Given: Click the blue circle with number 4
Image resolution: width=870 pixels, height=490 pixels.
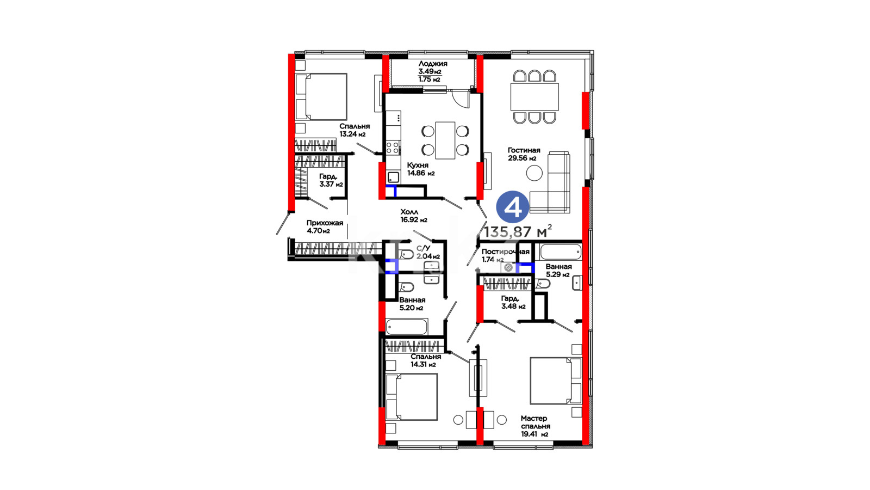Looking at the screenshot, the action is point(513,207).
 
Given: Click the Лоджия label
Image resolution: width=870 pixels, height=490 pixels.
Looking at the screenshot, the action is point(433,63).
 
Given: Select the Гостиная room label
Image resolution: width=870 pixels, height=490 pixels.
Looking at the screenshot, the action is point(524,150).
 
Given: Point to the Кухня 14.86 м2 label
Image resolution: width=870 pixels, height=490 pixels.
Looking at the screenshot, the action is point(421,169).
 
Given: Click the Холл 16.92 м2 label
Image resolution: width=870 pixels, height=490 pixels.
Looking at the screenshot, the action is point(414,216).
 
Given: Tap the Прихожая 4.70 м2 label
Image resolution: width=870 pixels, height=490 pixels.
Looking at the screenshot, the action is point(325,226).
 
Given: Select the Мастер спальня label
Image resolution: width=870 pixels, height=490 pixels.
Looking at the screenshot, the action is point(535,422).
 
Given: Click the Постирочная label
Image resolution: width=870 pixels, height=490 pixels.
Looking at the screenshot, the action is point(505,252).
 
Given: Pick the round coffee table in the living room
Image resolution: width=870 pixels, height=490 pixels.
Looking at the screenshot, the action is point(535,173).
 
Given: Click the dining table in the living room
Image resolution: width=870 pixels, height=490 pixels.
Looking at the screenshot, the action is point(535,96).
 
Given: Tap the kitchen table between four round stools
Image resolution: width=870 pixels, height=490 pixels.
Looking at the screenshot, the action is point(445,140).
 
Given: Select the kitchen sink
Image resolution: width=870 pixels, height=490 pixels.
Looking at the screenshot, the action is point(393,177).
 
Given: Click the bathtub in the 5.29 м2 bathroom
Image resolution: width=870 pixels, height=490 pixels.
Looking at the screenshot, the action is point(561,252).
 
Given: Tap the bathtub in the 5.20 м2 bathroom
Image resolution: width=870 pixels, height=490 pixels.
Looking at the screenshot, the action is point(407,327).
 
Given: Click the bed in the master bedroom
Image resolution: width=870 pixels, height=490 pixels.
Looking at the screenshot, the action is point(556,381).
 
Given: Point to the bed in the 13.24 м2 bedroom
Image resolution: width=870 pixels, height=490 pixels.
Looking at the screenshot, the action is point(321,97).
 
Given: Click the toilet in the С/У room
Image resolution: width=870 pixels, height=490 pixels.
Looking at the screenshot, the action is point(406,255).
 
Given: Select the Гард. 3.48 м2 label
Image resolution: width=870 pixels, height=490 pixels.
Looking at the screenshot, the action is point(513,302).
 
